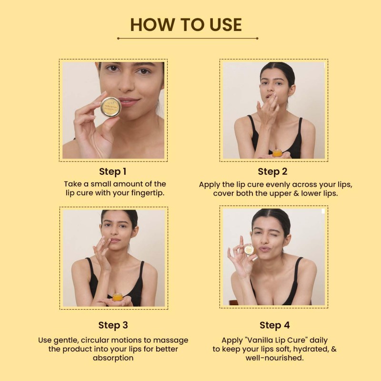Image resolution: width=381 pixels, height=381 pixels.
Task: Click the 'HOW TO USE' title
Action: point(186,25)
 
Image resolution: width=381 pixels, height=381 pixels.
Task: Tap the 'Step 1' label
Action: point(113,171)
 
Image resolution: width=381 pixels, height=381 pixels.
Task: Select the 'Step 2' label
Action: point(272,171)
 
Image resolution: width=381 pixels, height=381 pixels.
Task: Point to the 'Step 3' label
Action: point(113,325)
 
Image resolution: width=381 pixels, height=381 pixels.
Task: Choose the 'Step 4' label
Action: point(275,325)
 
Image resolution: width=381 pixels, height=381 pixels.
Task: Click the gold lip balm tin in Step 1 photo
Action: point(111,107)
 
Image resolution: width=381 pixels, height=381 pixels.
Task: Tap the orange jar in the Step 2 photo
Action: point(277,153)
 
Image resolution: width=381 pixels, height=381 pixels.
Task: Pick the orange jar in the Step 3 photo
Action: point(117,297)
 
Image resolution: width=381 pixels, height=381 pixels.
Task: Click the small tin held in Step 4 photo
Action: point(249,250)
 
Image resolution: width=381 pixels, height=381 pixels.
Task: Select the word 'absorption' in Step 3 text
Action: point(113,358)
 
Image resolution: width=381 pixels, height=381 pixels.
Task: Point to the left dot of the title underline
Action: point(118,39)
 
